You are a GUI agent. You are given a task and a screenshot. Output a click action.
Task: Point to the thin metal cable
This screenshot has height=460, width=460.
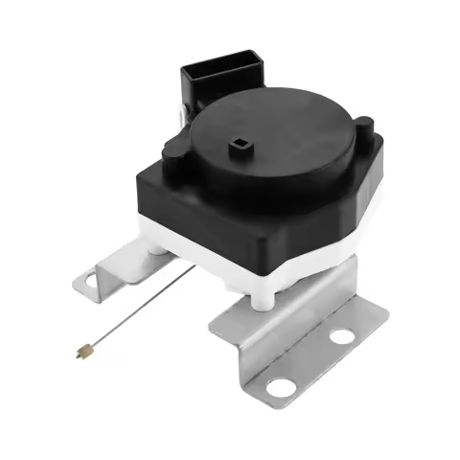click(x=134, y=314)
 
